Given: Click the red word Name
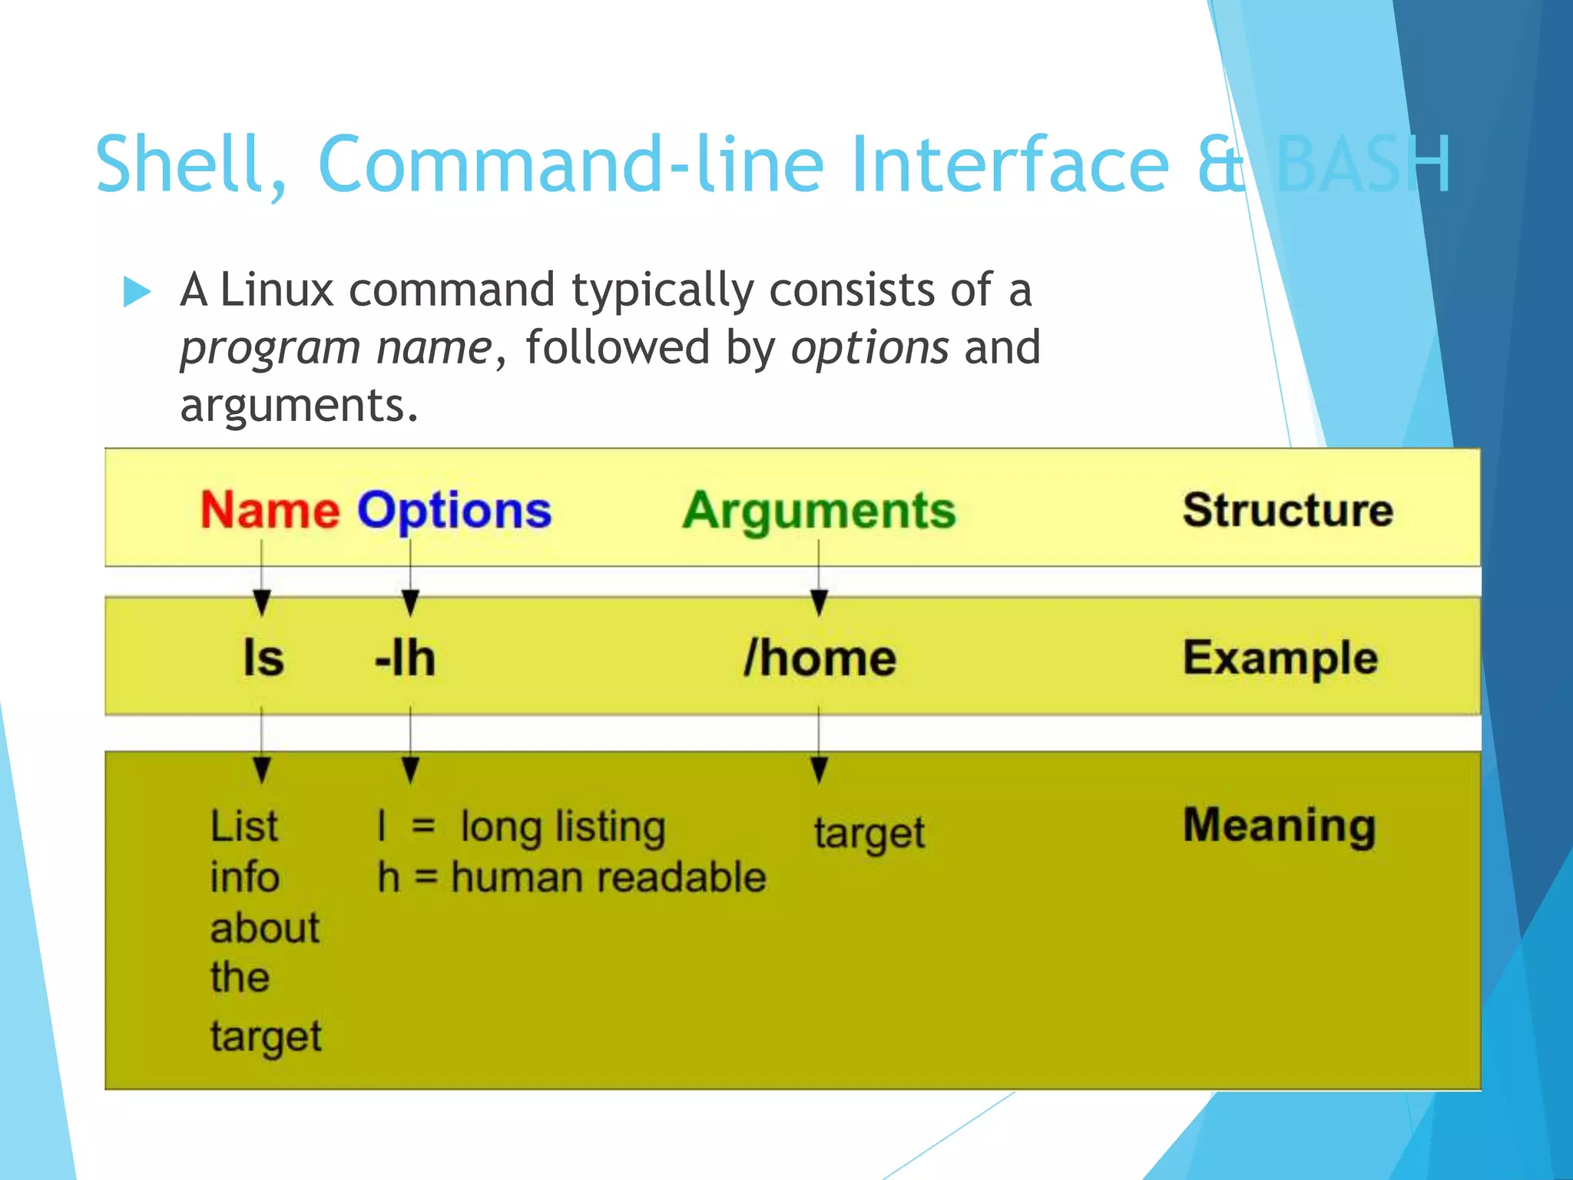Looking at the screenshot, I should (x=270, y=511).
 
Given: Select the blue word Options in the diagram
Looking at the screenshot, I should (x=454, y=511).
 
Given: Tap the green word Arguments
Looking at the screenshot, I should (x=819, y=511).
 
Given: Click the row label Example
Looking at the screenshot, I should (x=1280, y=658).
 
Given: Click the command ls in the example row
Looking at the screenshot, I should (x=263, y=658).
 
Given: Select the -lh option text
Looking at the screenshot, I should (x=405, y=658).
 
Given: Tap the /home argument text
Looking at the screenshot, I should (x=820, y=658).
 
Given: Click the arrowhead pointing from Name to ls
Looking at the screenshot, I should (x=262, y=602).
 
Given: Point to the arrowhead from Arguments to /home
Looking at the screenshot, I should (x=820, y=602).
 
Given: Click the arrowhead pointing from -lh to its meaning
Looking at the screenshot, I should (x=411, y=769).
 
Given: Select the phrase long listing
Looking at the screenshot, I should (x=563, y=827).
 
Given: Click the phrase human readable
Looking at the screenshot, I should (x=608, y=877).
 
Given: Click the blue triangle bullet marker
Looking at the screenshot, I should (x=137, y=292).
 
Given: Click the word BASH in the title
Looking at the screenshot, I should (x=1363, y=164).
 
